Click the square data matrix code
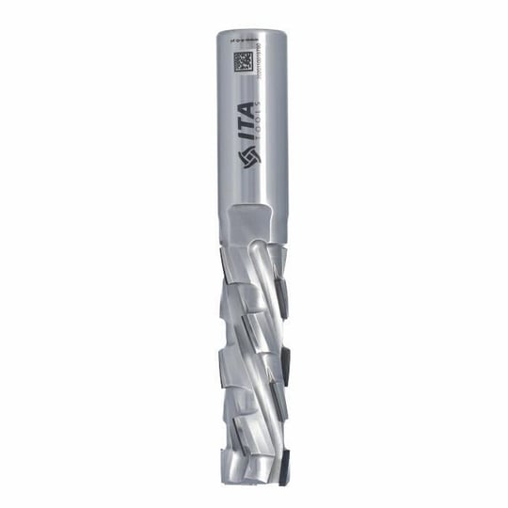coord(241,64)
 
